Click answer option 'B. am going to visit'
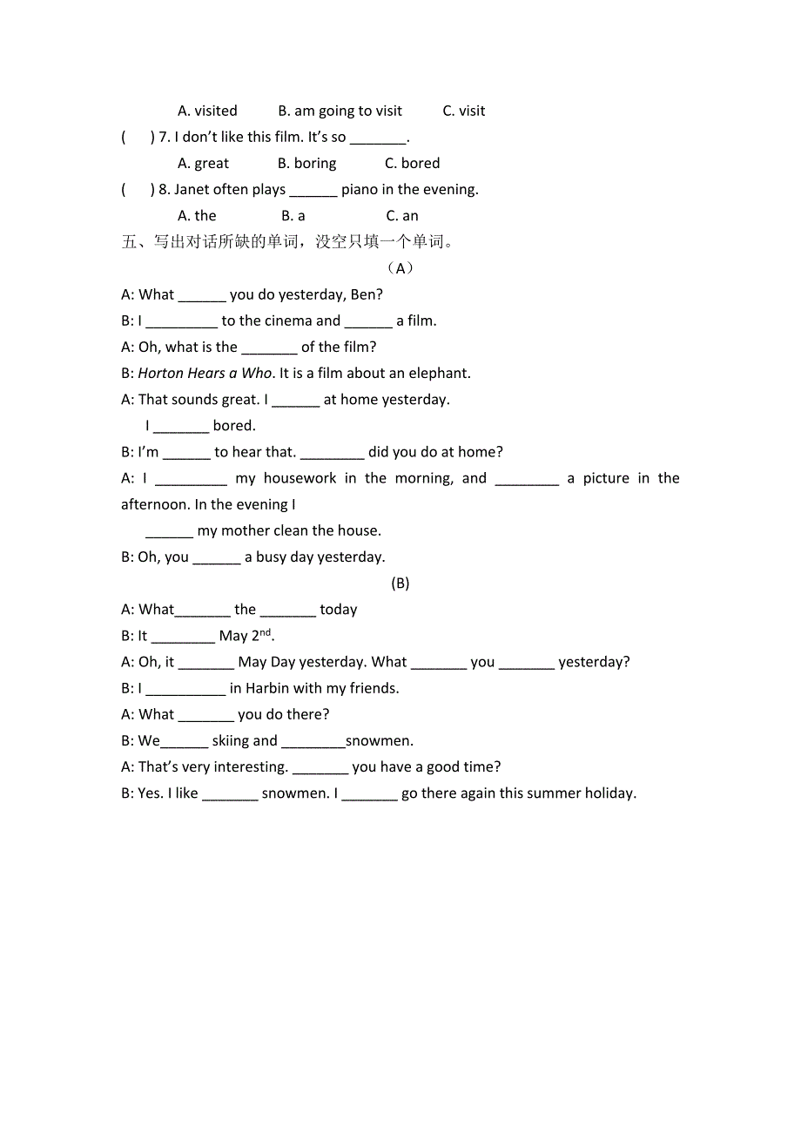pyautogui.click(x=340, y=111)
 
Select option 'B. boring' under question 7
pyautogui.click(x=306, y=163)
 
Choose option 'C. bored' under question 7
pyautogui.click(x=412, y=163)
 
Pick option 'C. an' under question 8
pyautogui.click(x=402, y=215)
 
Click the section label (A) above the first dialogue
pyautogui.click(x=400, y=267)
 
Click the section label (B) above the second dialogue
pyautogui.click(x=400, y=583)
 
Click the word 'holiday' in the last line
pyautogui.click(x=609, y=793)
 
